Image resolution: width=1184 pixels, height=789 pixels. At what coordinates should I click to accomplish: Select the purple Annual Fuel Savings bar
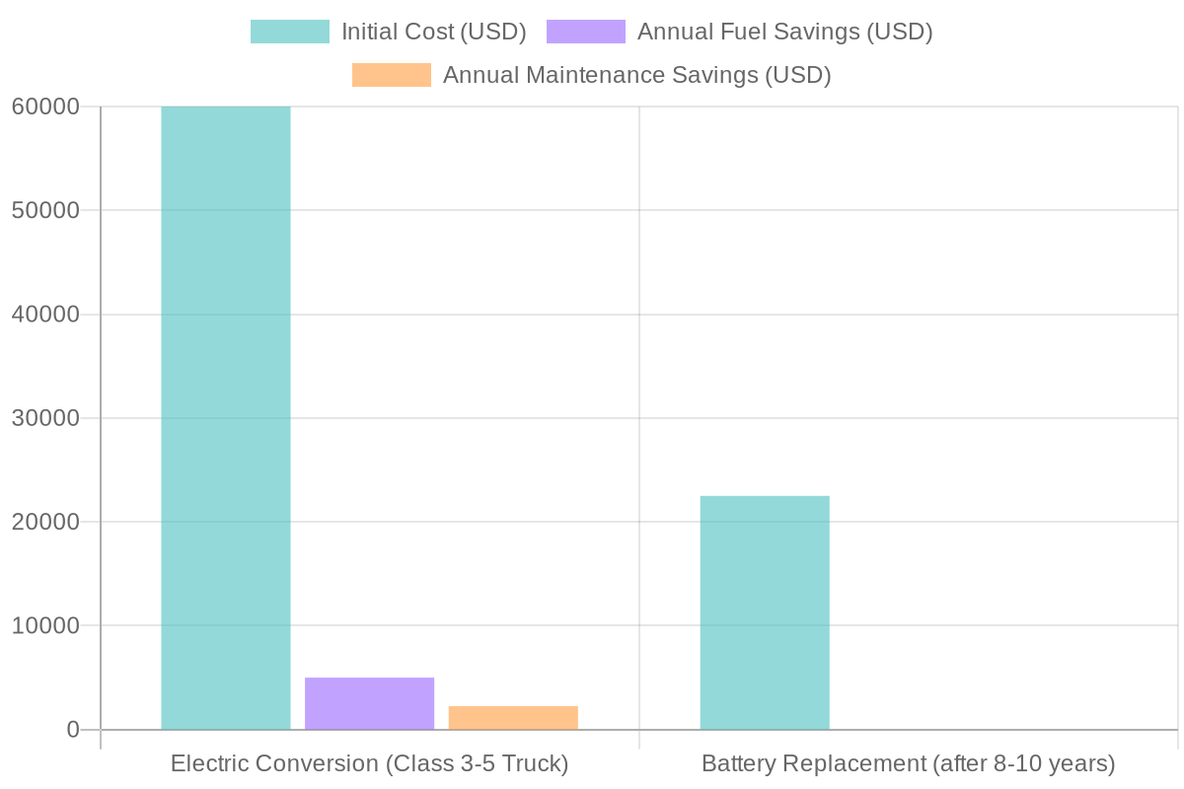(370, 703)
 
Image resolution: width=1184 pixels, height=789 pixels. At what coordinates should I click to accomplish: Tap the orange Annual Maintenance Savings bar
(513, 718)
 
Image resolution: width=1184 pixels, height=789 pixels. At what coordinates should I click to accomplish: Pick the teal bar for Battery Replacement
(765, 612)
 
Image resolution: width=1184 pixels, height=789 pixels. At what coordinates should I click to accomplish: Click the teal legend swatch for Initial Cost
(289, 32)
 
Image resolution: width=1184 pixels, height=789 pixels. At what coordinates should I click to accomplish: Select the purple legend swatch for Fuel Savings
(585, 32)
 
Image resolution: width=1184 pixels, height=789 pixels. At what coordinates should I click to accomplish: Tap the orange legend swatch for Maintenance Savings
(392, 75)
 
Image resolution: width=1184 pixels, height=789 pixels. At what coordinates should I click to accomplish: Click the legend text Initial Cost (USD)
(434, 32)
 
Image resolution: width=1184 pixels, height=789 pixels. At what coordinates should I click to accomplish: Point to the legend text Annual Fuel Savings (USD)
(784, 32)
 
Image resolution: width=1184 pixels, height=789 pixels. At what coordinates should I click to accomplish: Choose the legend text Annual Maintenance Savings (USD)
(636, 75)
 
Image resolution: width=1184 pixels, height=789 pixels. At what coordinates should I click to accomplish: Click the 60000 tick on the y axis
(45, 107)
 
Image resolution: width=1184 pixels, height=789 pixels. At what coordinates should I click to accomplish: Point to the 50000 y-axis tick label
(45, 211)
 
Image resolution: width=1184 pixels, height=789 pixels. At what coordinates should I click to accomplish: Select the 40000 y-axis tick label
(45, 315)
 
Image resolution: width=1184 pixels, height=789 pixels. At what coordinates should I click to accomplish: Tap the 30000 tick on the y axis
(45, 418)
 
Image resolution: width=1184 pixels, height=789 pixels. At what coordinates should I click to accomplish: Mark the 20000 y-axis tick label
(45, 522)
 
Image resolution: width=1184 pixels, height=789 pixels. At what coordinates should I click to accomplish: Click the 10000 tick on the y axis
(45, 626)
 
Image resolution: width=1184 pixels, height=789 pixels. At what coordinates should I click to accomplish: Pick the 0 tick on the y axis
(72, 730)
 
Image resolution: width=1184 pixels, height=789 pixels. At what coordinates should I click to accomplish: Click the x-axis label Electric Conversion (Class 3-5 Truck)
(370, 764)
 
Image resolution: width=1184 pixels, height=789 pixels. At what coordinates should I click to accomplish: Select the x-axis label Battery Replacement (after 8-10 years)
(908, 764)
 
